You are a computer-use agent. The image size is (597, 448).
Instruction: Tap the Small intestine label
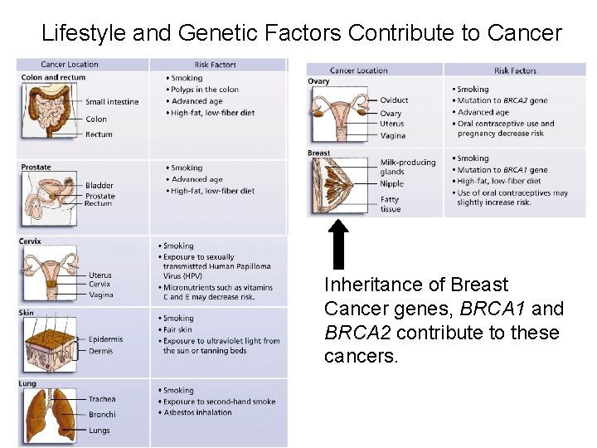point(112,102)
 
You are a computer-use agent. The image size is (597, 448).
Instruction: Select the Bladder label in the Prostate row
point(99,186)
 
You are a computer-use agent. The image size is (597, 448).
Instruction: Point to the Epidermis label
point(105,339)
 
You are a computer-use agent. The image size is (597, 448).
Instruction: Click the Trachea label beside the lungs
point(102,399)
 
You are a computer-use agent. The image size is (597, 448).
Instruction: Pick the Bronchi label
point(102,414)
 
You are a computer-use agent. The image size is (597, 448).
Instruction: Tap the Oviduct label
point(394,100)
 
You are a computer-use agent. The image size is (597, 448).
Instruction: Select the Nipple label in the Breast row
point(391,183)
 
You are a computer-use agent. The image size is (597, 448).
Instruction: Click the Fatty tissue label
point(390,204)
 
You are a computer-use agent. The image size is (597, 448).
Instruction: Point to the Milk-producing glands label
point(407,168)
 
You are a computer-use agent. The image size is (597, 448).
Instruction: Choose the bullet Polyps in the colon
point(205,90)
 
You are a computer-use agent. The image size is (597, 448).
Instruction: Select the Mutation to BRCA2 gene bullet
point(502,100)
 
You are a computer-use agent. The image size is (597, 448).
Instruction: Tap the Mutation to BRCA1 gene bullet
point(502,169)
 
